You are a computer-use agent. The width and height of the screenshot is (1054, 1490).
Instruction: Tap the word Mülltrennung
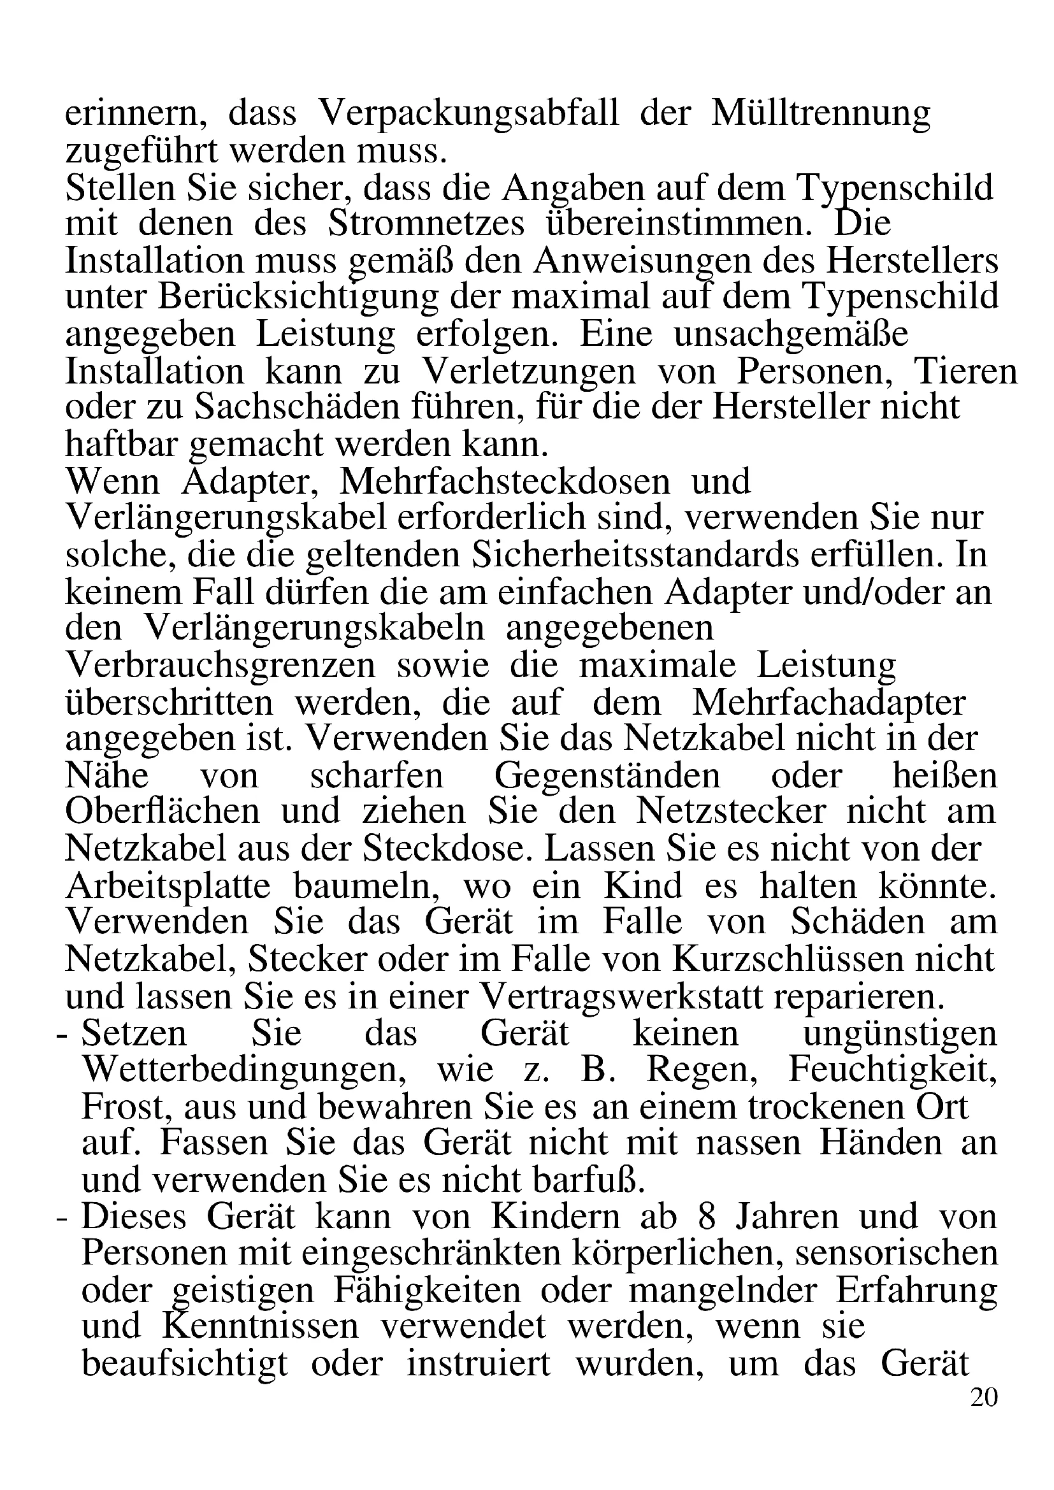[x=820, y=115]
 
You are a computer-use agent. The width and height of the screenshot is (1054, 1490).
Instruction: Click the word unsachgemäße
[x=791, y=336]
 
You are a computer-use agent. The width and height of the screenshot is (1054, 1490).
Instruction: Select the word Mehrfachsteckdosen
[x=504, y=482]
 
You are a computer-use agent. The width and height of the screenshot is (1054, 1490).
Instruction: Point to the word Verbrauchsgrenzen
[x=220, y=666]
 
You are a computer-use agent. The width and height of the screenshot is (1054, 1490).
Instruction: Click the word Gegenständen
[x=607, y=777]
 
